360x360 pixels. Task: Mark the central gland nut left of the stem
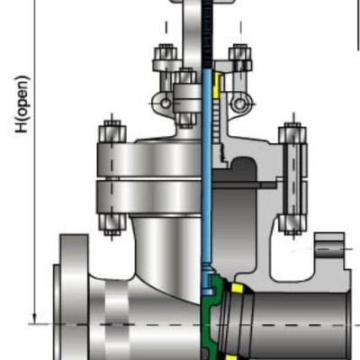pos(187,87)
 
